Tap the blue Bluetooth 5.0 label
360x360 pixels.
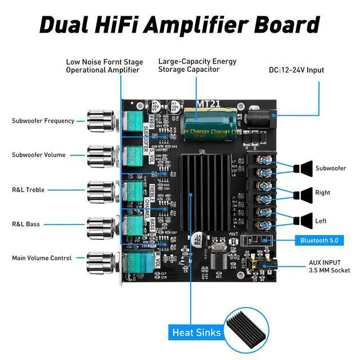319,241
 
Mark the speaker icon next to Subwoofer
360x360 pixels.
305,168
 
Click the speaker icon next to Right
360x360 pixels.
305,193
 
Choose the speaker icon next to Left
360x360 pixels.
305,220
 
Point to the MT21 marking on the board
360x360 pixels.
209,104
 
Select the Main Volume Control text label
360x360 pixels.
42,258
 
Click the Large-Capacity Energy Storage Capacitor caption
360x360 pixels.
197,65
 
